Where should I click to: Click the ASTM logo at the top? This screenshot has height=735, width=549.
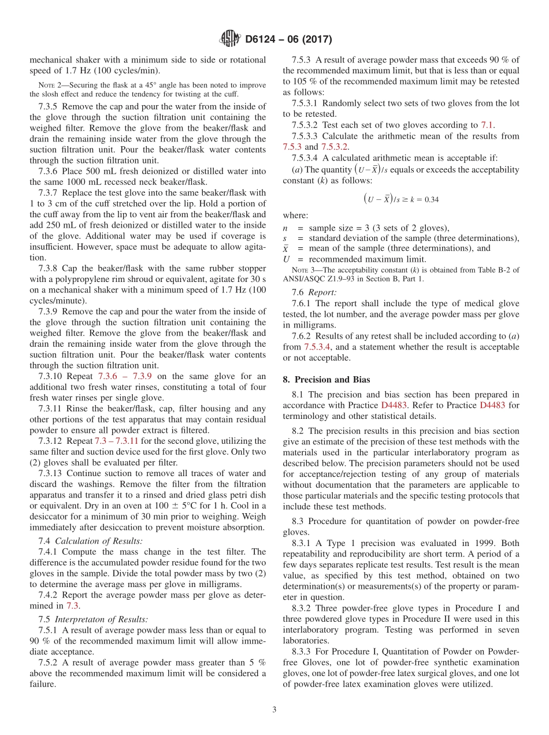(230, 39)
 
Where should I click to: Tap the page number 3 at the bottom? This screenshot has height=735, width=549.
(274, 709)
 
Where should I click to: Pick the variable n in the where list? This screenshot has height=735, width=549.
(285, 227)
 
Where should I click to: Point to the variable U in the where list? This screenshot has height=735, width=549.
(286, 259)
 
